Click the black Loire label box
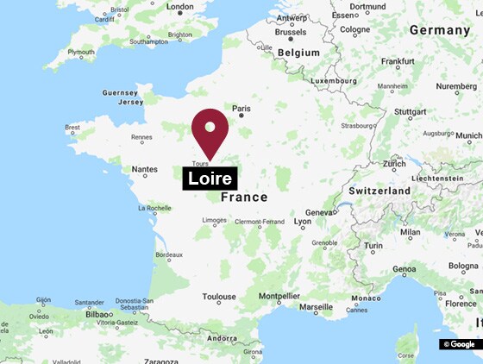point(210,179)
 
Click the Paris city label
point(241,109)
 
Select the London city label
point(180,7)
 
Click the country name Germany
point(439,29)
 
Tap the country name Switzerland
point(379,190)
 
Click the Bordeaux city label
point(167,254)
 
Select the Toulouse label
point(219,297)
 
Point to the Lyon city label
point(303,222)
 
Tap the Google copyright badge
point(459,344)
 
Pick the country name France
point(244,198)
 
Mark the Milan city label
point(410,232)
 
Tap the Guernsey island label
point(119,92)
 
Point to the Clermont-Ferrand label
point(260,222)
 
